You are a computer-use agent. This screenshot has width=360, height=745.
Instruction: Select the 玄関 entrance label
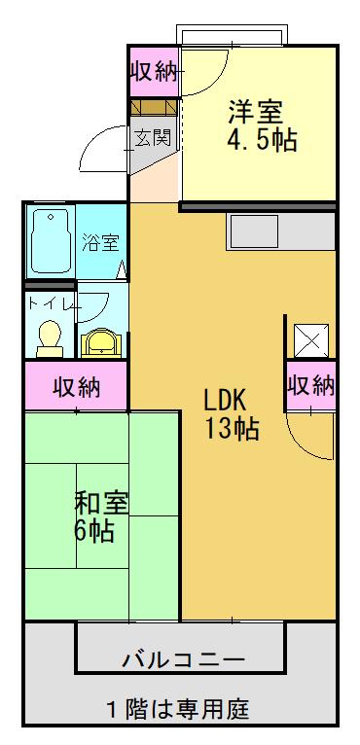[x=153, y=137]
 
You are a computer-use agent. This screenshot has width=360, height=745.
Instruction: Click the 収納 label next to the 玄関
[x=153, y=71]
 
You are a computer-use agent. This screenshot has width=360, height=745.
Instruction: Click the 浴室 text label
[x=99, y=240]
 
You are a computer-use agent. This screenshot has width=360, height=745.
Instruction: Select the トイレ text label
[x=49, y=304]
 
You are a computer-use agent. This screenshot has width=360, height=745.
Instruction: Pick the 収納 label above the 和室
[x=76, y=387]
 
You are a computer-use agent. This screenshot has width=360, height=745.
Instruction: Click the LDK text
[x=229, y=399]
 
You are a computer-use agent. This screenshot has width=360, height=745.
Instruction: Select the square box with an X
[x=311, y=340]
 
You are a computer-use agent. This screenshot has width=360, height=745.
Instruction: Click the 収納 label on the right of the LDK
[x=311, y=386]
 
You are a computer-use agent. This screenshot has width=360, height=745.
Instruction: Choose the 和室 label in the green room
[x=100, y=504]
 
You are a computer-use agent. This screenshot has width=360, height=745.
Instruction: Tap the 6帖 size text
[x=94, y=532]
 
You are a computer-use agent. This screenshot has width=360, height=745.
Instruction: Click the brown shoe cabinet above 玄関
[x=154, y=106]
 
